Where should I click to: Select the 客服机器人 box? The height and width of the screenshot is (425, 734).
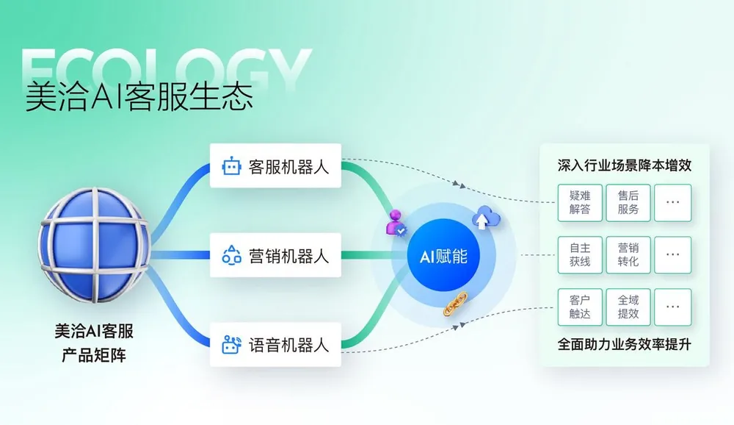(275, 167)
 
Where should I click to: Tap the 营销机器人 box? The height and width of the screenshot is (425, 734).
(275, 256)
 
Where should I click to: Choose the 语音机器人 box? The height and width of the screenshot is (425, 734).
(275, 344)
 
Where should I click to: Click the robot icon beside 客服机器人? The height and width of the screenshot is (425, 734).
(231, 167)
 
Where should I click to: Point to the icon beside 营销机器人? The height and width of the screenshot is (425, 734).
(231, 256)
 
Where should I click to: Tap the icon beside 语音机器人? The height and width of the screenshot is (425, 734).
(231, 344)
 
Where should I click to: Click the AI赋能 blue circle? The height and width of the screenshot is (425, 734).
(443, 257)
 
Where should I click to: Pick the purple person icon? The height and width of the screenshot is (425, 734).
(396, 221)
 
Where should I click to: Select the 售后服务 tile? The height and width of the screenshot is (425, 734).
(628, 202)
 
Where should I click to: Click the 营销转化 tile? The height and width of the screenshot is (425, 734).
(628, 254)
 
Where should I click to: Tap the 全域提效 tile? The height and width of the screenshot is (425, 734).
(628, 307)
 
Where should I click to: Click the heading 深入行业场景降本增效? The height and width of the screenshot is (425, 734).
(625, 165)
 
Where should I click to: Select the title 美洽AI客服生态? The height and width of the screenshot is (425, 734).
(139, 97)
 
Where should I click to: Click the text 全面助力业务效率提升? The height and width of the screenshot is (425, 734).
(625, 343)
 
